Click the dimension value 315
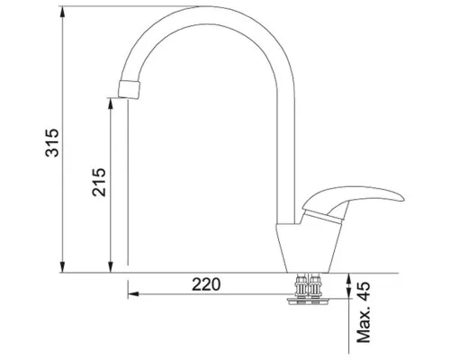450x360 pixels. point(51,142)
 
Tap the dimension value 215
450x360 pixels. point(99,182)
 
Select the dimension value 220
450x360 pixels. point(206,284)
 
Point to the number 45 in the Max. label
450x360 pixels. point(364,292)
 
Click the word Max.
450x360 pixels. point(364,325)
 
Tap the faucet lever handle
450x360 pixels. point(354,198)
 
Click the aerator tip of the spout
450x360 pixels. point(130,89)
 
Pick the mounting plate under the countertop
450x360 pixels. point(310,301)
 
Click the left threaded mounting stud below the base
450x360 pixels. point(301,285)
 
